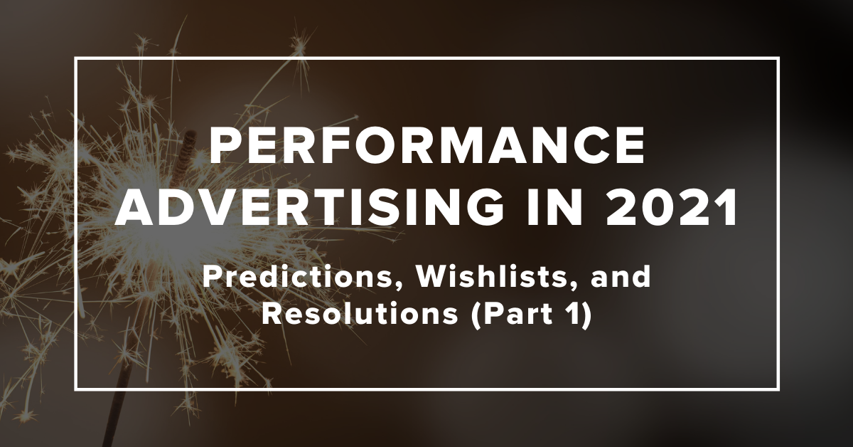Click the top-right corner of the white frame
pyautogui.click(x=778, y=59)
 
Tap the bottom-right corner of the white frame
pyautogui.click(x=778, y=389)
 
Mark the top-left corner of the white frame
pyautogui.click(x=75, y=59)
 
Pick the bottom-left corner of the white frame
pyautogui.click(x=75, y=389)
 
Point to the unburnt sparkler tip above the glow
pyautogui.click(x=190, y=142)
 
